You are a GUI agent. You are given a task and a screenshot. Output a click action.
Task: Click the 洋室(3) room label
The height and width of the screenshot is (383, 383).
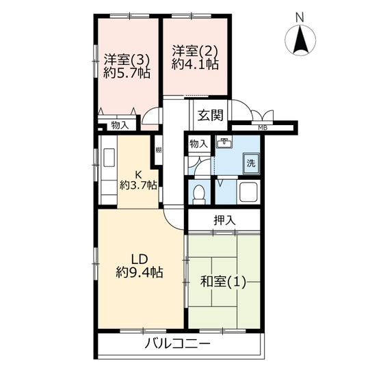point(127,60)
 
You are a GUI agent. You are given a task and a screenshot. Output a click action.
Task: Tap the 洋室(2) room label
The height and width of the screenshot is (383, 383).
point(195,51)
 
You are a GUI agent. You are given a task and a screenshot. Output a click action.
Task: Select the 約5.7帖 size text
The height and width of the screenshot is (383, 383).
point(127,72)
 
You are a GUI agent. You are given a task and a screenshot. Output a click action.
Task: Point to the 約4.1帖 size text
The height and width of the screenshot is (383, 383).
point(195,64)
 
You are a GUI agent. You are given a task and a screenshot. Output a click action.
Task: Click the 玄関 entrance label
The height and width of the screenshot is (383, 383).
point(211,115)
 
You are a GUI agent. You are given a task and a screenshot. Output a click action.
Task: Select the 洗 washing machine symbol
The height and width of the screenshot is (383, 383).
point(251,163)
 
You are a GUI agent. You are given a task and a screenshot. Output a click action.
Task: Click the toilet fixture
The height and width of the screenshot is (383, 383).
point(198,194)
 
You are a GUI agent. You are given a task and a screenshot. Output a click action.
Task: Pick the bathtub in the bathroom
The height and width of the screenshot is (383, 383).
point(249,191)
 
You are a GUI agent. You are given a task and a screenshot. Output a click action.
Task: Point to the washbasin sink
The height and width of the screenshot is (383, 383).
point(225,143)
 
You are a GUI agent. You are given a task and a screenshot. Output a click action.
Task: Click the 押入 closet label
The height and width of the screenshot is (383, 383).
point(225,220)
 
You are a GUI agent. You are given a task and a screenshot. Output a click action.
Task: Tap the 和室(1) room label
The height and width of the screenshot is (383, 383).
point(223,282)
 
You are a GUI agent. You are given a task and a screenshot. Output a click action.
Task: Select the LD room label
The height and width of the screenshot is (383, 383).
point(140,259)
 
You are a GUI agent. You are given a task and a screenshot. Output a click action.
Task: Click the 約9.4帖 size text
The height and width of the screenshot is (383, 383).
point(140,272)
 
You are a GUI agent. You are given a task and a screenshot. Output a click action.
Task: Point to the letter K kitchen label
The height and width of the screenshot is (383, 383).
point(138,174)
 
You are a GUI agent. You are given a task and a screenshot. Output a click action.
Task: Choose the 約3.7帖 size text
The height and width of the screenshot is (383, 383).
point(138,185)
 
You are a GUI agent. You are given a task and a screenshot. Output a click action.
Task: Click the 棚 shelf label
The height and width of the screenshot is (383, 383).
point(159,150)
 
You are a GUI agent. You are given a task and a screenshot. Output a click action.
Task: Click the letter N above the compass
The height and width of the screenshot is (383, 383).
point(300,17)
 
